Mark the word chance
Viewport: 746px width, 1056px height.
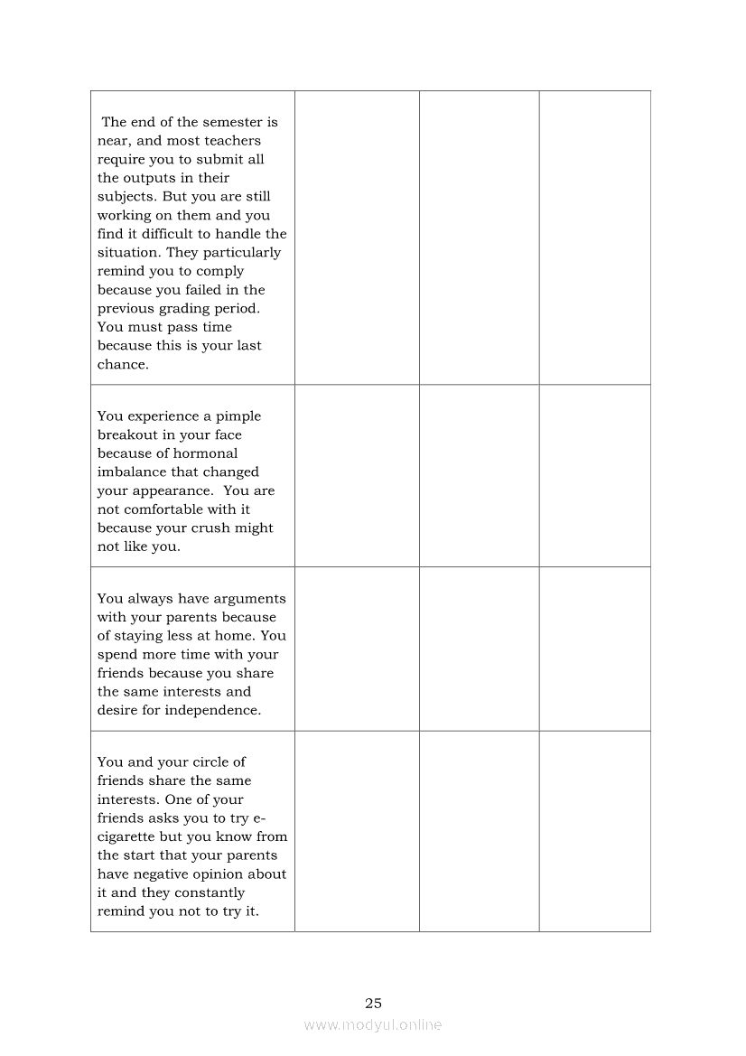click(122, 365)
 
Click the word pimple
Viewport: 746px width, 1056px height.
click(238, 416)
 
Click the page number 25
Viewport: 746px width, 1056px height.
click(373, 1004)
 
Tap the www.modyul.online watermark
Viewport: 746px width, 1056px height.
click(373, 1025)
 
